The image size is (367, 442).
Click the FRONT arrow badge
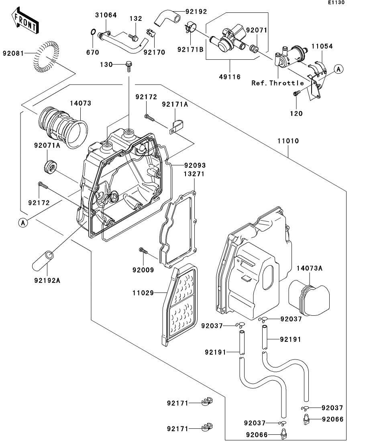25,22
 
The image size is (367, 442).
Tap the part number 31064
106,15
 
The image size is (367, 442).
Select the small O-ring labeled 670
92,32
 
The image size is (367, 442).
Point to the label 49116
230,77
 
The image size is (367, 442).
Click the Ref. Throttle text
277,83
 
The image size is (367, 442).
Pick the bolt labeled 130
128,65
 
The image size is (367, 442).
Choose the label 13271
183,174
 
